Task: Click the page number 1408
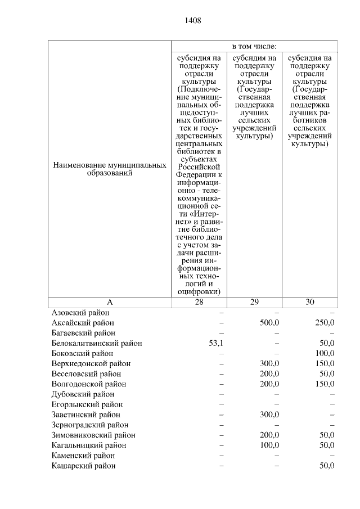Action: pos(192,21)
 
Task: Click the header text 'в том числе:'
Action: pos(254,46)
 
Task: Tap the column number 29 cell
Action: pos(254,302)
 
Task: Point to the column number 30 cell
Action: pos(310,302)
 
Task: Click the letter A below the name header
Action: pos(110,302)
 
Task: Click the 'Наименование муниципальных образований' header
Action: pos(110,169)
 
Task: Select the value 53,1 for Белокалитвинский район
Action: pos(216,343)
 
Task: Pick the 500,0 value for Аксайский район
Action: pos(269,323)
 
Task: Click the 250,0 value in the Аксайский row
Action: pos(325,323)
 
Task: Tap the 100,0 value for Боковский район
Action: pos(325,354)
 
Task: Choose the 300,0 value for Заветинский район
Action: pos(269,415)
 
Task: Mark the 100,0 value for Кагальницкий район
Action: pos(269,445)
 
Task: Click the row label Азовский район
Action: pos(80,313)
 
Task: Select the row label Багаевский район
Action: pos(83,333)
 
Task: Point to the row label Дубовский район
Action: pos(83,394)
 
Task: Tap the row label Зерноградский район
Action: pos(90,425)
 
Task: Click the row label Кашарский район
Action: pos(84,466)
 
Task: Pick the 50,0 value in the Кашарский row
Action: pos(326,466)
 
